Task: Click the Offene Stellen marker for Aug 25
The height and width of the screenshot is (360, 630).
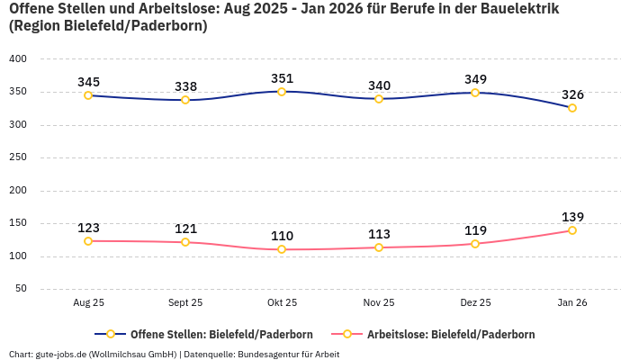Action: point(88,95)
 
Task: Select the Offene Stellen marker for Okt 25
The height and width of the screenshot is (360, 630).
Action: point(282,92)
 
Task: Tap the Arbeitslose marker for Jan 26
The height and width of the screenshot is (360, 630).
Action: point(571,230)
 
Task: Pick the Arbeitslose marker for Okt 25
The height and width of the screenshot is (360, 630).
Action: point(282,249)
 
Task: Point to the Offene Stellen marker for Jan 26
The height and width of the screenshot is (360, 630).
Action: point(571,108)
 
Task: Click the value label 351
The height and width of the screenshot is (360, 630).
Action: point(282,78)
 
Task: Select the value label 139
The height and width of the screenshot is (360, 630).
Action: point(572,217)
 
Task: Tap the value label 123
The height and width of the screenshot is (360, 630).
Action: point(88,228)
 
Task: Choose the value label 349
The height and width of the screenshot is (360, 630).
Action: point(475,80)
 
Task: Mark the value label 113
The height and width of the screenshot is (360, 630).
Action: point(379,234)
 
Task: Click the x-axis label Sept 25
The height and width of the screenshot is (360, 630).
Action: point(185,303)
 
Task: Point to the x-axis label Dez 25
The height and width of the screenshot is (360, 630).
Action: point(475,303)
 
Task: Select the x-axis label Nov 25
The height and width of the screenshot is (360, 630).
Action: point(379,303)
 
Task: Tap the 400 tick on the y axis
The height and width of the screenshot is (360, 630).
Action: point(18,58)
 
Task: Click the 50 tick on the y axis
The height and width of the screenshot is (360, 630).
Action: point(21,289)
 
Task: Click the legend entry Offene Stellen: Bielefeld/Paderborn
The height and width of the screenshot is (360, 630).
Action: point(221,334)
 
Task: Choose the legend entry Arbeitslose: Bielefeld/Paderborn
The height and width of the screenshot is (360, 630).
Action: point(450,334)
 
